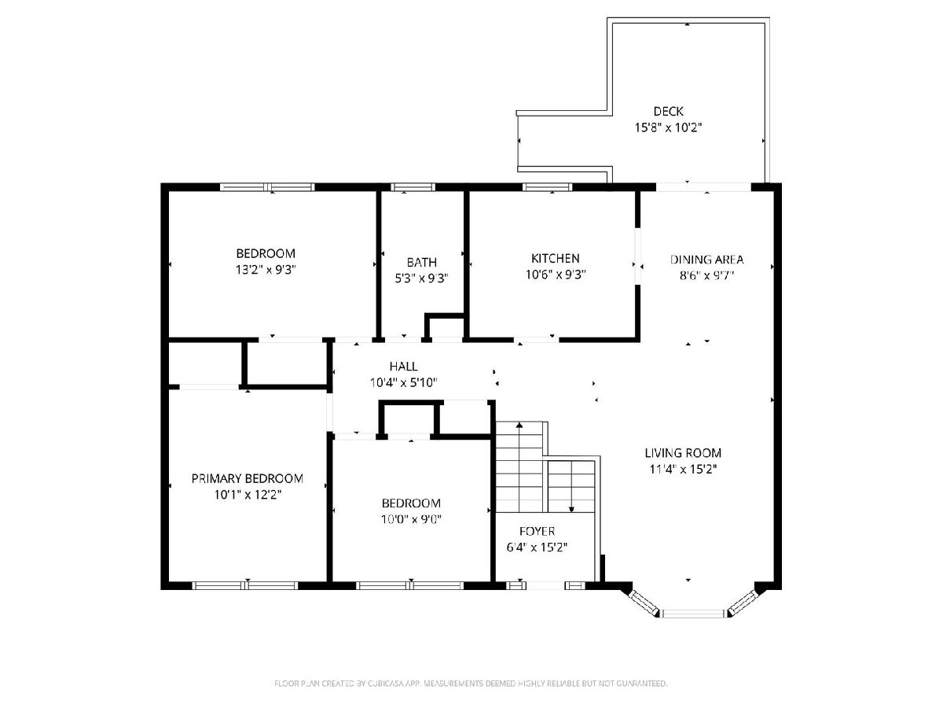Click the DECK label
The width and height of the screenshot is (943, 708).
[x=668, y=112]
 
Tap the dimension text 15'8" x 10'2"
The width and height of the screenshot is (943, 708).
[x=668, y=127]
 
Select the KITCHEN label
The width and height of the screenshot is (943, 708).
[x=555, y=258]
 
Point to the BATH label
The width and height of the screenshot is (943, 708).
[x=421, y=262]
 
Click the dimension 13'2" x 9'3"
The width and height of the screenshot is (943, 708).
[x=266, y=270]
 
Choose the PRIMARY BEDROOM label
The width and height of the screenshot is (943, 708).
[x=247, y=478]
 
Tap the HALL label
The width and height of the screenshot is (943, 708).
[x=403, y=367]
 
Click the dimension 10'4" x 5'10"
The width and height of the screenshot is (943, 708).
[x=403, y=382]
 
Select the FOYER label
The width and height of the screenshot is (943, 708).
[x=537, y=531]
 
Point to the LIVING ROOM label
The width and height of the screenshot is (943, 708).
[x=683, y=452]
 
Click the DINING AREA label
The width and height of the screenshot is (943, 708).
[x=706, y=260]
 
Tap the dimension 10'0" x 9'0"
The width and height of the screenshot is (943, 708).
[x=411, y=519]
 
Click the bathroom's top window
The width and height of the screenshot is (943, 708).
[x=413, y=187]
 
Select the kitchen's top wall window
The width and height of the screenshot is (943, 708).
[x=547, y=187]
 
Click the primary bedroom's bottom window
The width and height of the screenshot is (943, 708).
[x=245, y=585]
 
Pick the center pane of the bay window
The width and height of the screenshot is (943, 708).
[x=694, y=614]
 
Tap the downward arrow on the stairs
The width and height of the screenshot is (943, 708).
[x=571, y=488]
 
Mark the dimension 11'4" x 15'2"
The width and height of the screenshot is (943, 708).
[x=683, y=469]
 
